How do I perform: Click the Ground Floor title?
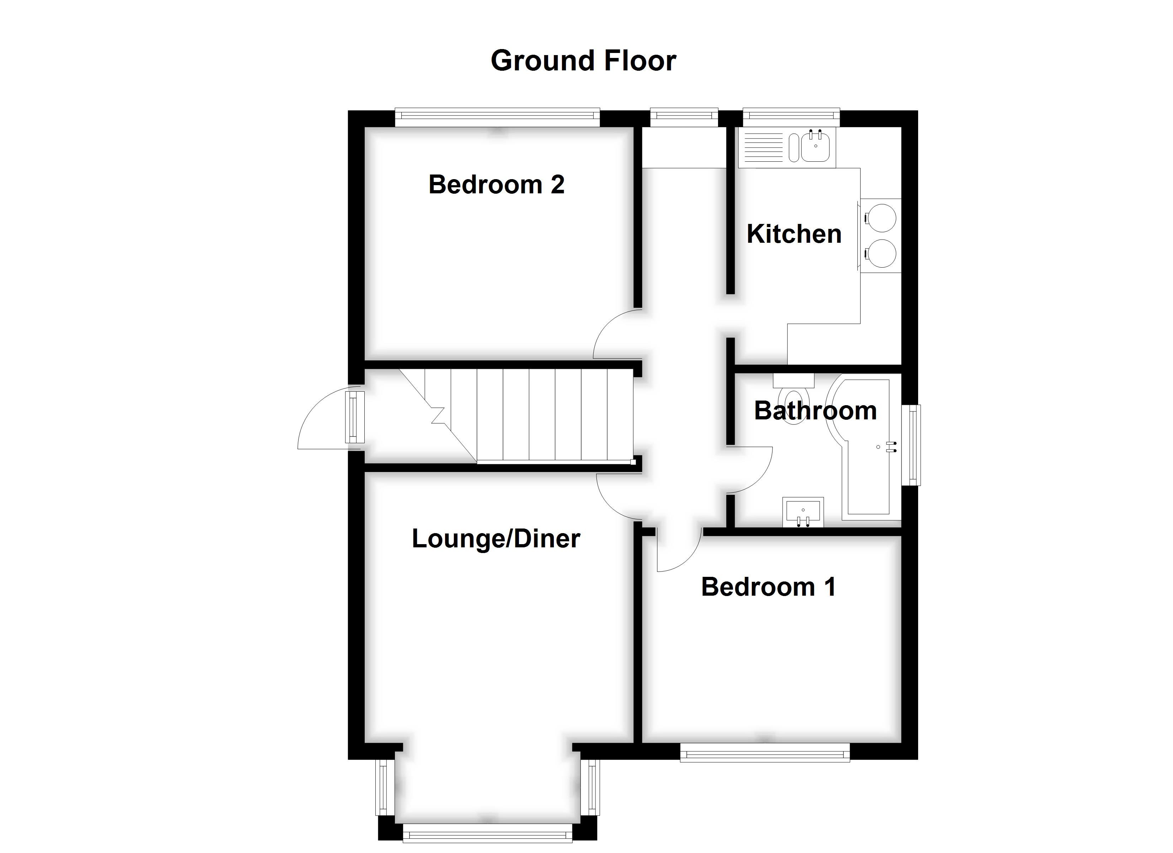tap(583, 61)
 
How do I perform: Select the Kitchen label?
tap(794, 234)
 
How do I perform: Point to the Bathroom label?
tap(815, 411)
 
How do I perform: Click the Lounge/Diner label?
tap(496, 538)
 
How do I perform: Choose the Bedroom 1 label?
tap(768, 586)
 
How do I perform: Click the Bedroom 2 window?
tap(497, 117)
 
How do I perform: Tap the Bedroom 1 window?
tap(765, 753)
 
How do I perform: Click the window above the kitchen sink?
tap(791, 117)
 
